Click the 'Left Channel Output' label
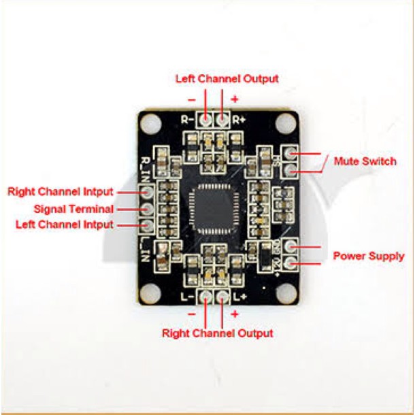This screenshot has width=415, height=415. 227,79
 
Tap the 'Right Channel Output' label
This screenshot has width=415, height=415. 217,333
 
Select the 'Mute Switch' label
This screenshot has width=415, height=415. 365,162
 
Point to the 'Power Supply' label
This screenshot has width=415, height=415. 368,256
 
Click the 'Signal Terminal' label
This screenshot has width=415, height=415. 74,208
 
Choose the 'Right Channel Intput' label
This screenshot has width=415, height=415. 61,192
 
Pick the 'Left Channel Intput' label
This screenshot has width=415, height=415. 61,225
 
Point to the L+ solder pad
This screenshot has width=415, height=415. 223,297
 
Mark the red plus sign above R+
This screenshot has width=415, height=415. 235,99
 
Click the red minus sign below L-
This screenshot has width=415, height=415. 191,314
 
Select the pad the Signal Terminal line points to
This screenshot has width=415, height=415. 147,209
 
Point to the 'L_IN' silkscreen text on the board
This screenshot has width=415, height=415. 144,244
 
